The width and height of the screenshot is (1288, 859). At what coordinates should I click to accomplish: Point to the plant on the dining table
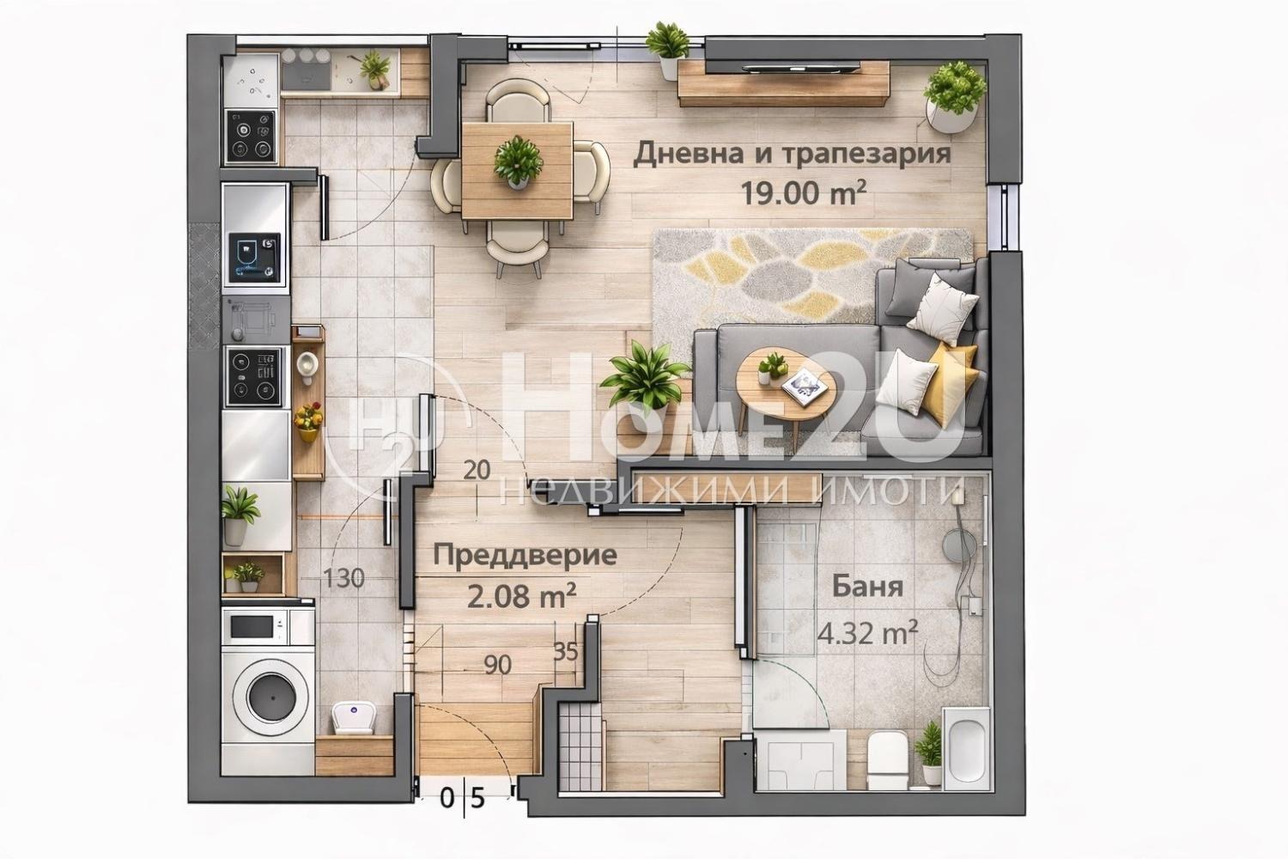518,161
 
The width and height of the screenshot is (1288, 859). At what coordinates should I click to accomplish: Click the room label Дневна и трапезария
792,154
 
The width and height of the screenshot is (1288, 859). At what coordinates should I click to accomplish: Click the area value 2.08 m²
521,594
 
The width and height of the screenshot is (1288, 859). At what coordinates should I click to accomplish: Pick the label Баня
867,588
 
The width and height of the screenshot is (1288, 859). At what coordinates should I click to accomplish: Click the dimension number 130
344,579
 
